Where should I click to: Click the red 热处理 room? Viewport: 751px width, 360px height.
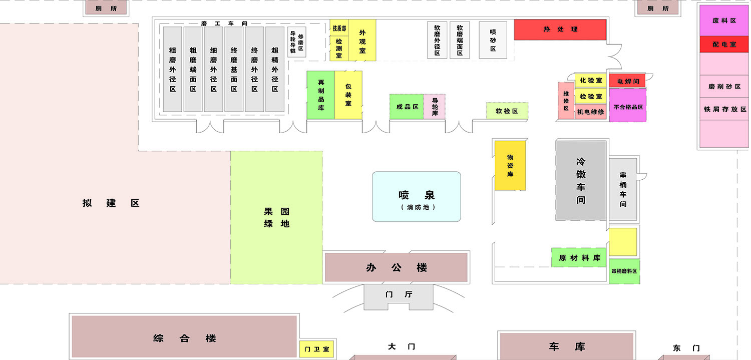[x=560, y=30]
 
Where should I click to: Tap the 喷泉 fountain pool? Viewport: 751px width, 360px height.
[x=416, y=197]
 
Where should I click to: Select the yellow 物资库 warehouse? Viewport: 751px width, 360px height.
[x=510, y=166]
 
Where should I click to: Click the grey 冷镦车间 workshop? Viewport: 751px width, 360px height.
[x=581, y=180]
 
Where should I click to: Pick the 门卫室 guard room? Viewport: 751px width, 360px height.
[x=317, y=349]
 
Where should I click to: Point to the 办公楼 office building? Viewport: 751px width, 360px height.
[x=396, y=267]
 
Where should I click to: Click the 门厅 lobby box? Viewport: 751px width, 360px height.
[x=399, y=294]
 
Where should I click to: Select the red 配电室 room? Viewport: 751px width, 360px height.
[x=724, y=44]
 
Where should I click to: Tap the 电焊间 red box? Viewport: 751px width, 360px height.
[x=627, y=81]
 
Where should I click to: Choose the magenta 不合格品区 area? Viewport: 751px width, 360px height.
[x=627, y=106]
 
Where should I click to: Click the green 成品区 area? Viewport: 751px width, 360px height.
[x=407, y=107]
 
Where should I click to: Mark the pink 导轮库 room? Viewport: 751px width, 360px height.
[x=435, y=107]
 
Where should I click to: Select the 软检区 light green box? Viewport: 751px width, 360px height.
[x=507, y=111]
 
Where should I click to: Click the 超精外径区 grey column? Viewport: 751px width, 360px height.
[x=275, y=69]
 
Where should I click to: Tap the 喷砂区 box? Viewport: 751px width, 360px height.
[x=493, y=40]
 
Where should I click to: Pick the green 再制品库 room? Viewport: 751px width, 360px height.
[x=320, y=95]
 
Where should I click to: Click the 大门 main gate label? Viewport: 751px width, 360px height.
[x=402, y=346]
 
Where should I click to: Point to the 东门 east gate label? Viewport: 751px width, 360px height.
[x=686, y=348]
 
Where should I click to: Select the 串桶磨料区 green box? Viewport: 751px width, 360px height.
[x=624, y=271]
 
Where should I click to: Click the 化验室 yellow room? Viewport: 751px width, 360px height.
[x=591, y=80]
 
